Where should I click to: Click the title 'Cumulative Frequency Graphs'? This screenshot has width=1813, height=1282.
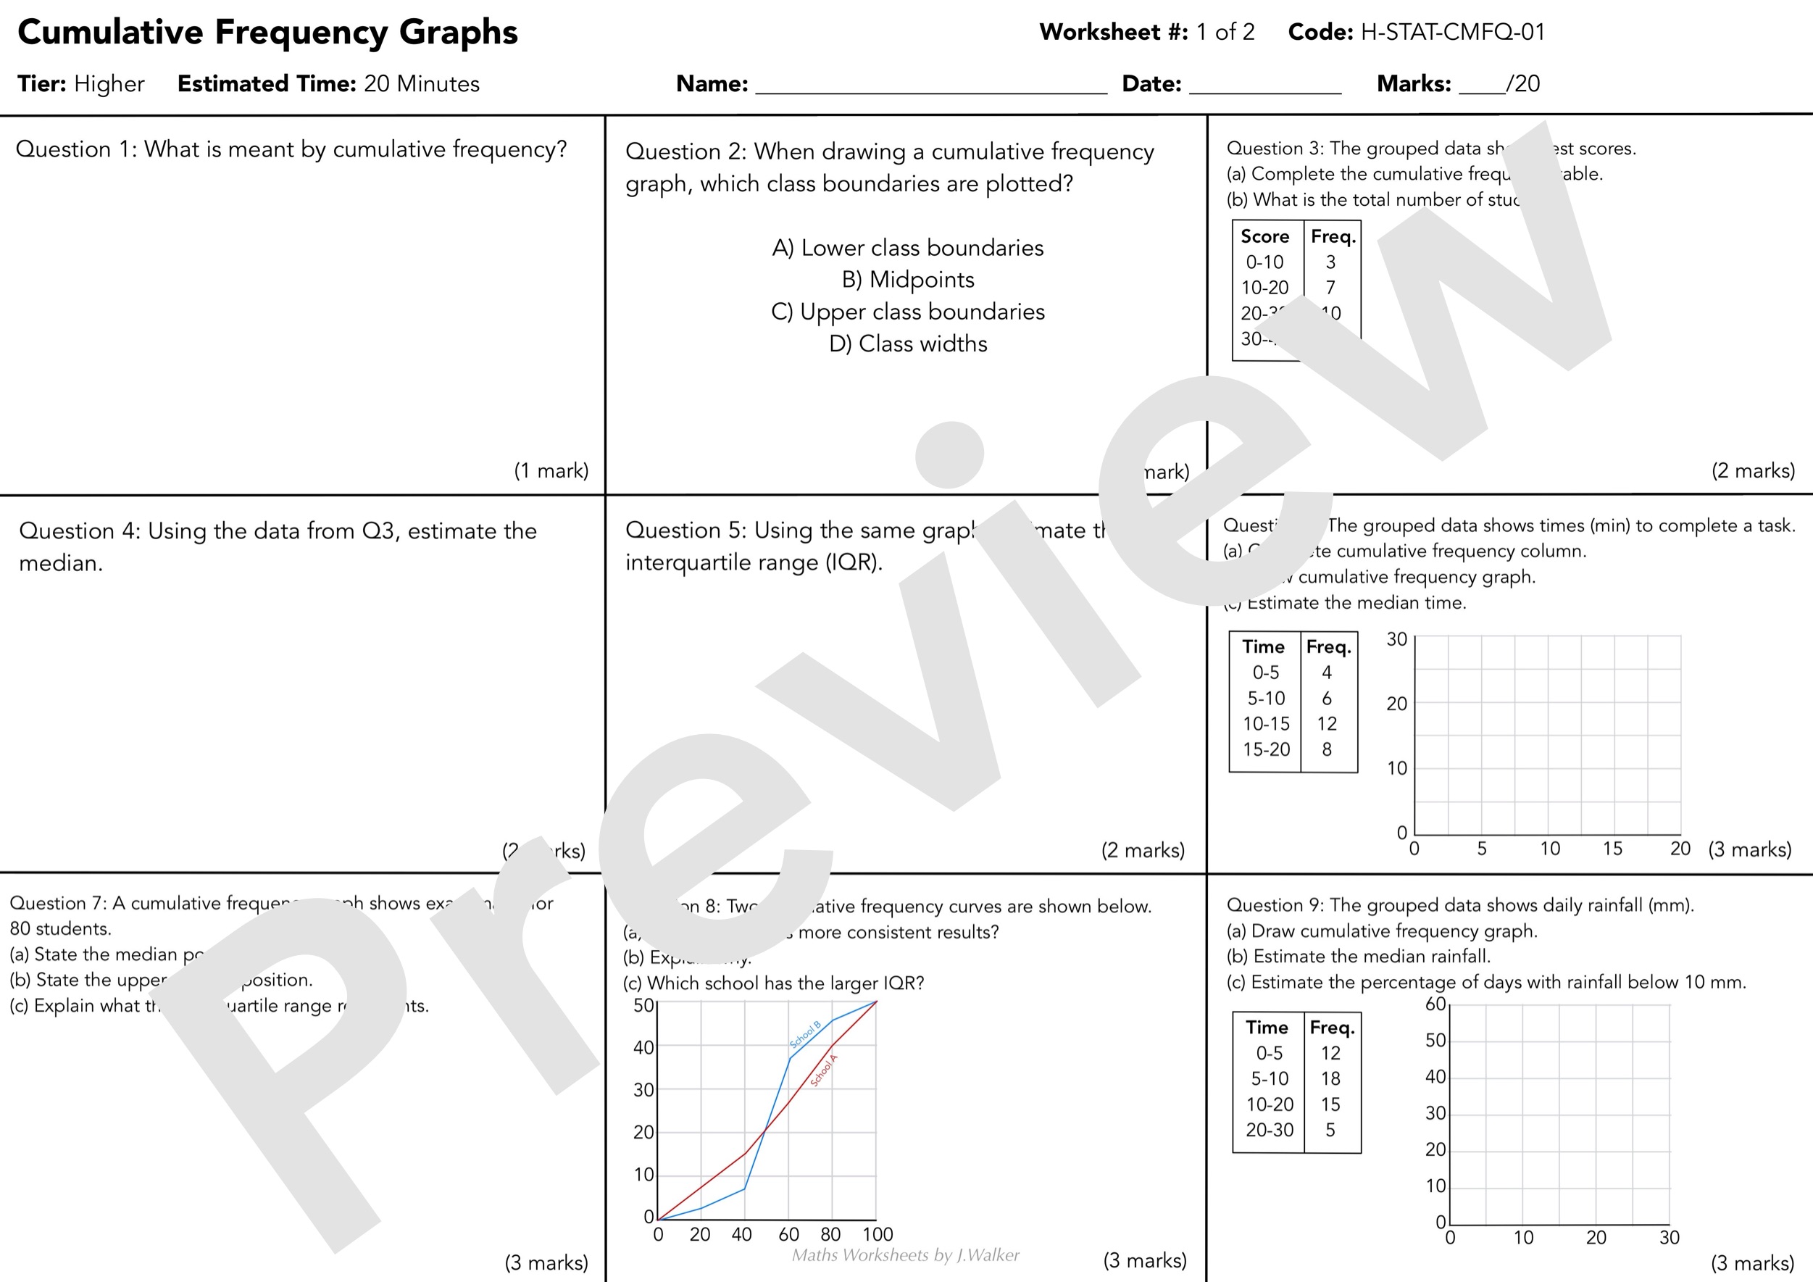(x=267, y=33)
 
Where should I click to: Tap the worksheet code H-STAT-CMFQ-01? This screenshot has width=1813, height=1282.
(x=1452, y=33)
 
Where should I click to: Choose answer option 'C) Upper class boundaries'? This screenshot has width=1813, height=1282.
(x=907, y=312)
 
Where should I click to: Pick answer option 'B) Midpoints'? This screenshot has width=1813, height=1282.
(x=907, y=280)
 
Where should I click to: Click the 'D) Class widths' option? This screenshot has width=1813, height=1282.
(x=907, y=344)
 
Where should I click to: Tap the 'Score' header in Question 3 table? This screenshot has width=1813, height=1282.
(x=1264, y=236)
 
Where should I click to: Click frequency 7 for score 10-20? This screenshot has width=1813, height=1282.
(x=1330, y=288)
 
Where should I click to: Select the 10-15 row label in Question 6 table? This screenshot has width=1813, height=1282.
(x=1266, y=723)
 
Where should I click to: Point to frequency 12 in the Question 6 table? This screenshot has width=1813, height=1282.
(x=1327, y=723)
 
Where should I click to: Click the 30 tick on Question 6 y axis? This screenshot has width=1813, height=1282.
(x=1396, y=639)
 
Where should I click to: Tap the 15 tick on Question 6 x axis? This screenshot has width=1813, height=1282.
(x=1612, y=849)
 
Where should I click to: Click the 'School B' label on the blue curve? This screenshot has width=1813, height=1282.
(x=806, y=1035)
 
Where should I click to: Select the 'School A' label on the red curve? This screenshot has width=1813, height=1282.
(x=824, y=1070)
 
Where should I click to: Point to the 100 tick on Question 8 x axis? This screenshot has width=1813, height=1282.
(x=878, y=1235)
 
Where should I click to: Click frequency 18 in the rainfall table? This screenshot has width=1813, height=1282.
(x=1330, y=1078)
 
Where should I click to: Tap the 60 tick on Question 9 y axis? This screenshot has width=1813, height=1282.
(x=1435, y=1004)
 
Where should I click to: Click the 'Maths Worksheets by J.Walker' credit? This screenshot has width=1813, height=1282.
(x=905, y=1255)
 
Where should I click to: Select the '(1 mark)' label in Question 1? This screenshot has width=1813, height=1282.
(x=551, y=471)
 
